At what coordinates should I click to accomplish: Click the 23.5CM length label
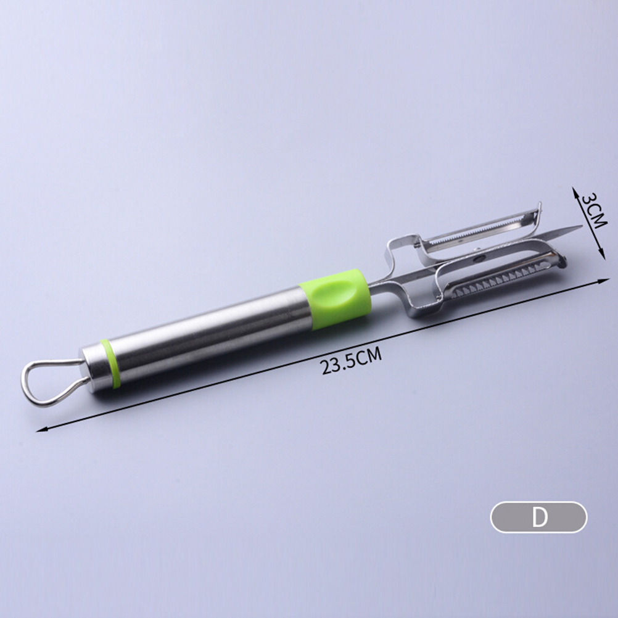tap(352, 361)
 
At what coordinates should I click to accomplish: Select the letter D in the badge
tap(540, 517)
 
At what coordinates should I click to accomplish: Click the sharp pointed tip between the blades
tap(581, 226)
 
